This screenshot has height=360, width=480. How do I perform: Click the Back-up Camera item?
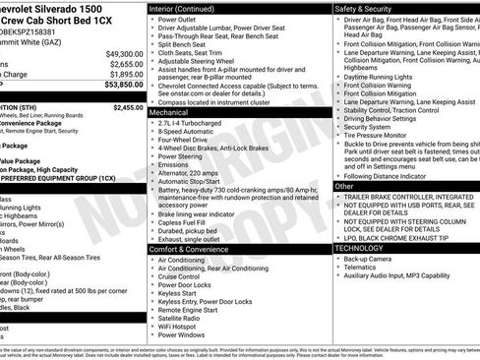tap(373, 260)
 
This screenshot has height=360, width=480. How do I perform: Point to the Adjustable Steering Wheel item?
tap(198, 60)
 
